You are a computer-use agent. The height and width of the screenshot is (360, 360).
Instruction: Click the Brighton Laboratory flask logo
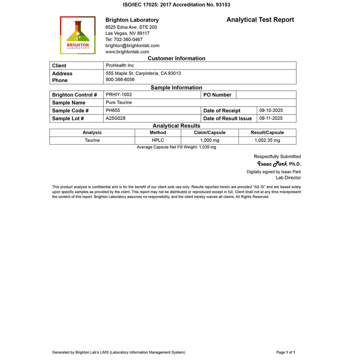[x=78, y=35]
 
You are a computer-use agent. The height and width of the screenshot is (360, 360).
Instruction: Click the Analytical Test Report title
[x=260, y=20]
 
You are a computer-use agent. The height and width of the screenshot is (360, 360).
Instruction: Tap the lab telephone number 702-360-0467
[x=124, y=40]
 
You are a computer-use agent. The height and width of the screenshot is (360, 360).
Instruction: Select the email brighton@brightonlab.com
[x=132, y=46]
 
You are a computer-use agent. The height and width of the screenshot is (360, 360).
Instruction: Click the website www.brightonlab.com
[x=127, y=52]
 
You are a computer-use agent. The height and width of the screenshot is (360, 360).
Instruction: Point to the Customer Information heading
[x=176, y=58]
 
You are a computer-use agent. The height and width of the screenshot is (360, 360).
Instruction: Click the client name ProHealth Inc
[x=120, y=66]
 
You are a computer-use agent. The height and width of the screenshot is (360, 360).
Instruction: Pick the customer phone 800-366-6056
[x=120, y=80]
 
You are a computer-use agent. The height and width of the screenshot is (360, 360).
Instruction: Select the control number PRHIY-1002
[x=119, y=95]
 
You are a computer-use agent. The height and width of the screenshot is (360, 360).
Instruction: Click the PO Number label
[x=217, y=95]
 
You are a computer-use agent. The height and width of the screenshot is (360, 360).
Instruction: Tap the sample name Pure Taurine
[x=119, y=103]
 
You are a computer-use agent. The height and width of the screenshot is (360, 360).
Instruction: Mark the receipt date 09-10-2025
[x=271, y=111]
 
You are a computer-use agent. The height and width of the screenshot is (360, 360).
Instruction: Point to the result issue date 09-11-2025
[x=271, y=118]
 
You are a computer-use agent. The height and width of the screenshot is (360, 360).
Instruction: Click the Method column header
[x=158, y=133]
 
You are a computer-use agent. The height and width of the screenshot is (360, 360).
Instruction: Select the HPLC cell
[x=158, y=140]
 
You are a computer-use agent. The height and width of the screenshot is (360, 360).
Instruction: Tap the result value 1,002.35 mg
[x=267, y=140]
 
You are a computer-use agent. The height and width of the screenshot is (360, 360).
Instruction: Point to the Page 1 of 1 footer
[x=285, y=352]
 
